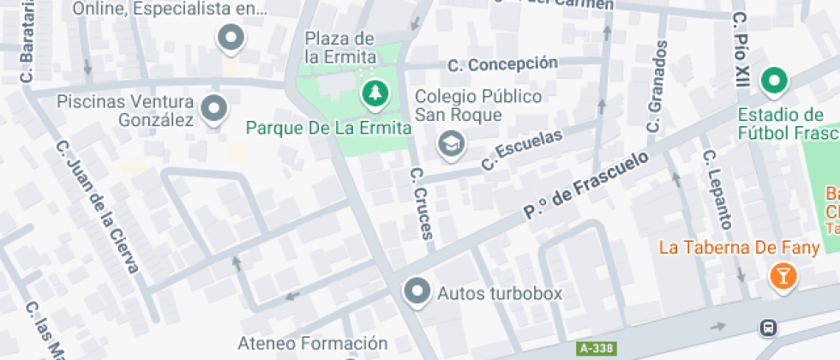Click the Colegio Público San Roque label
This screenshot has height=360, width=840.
[478, 105]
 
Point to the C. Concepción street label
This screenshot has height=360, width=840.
[502, 64]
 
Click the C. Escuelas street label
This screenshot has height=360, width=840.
[522, 149]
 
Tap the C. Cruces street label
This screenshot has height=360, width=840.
[422, 202]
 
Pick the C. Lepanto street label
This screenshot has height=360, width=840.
[717, 189]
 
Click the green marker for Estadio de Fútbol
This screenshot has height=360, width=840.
[775, 81]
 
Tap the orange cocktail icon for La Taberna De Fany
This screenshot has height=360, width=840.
[783, 276]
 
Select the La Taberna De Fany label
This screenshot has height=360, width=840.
[729, 248]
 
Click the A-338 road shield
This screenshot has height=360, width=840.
[597, 349]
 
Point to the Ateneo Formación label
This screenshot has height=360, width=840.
[313, 344]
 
